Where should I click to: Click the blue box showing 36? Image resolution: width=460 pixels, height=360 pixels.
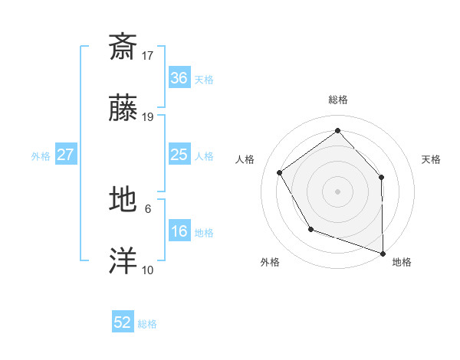[179, 78]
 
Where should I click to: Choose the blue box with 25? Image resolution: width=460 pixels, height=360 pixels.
[179, 155]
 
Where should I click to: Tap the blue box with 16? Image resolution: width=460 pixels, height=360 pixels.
[179, 231]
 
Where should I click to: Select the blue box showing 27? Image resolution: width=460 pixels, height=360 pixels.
[66, 155]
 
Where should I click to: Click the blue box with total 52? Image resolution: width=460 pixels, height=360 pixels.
[123, 322]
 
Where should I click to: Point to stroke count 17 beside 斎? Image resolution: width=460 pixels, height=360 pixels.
[148, 55]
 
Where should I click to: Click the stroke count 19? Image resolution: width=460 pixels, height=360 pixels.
[148, 117]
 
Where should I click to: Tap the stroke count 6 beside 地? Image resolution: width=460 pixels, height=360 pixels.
[148, 208]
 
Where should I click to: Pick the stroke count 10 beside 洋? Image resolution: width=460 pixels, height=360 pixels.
[148, 270]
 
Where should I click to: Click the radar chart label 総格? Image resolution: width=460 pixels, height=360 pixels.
[338, 100]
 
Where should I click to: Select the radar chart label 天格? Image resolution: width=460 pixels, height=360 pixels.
[431, 159]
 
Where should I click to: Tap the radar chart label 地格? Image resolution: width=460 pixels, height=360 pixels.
[402, 263]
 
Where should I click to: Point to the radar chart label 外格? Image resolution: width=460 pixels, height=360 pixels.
[270, 263]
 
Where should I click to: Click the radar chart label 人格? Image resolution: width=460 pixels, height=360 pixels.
[245, 159]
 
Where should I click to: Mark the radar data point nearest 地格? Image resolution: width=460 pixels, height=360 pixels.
[383, 252]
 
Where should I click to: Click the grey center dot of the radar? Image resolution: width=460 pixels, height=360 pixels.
[337, 191]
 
